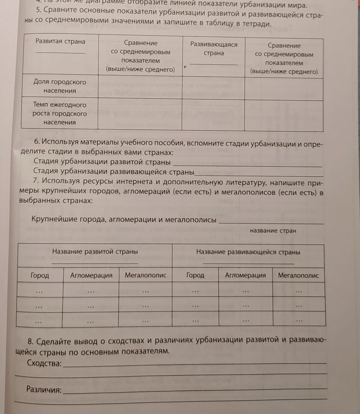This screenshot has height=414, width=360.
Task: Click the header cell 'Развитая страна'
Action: pyautogui.click(x=60, y=41)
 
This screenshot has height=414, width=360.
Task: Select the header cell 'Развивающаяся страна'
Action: pyautogui.click(x=214, y=49)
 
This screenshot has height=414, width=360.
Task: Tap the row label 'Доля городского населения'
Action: pyautogui.click(x=60, y=86)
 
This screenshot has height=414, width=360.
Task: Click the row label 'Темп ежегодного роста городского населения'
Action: pyautogui.click(x=60, y=113)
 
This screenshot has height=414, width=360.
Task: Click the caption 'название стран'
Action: pyautogui.click(x=273, y=231)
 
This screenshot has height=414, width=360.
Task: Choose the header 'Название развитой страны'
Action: pyautogui.click(x=95, y=251)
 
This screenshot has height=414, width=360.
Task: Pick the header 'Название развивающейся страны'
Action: pyautogui.click(x=248, y=252)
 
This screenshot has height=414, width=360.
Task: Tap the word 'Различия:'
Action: pyautogui.click(x=44, y=390)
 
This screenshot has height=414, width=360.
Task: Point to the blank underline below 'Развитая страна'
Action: pyautogui.click(x=60, y=52)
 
